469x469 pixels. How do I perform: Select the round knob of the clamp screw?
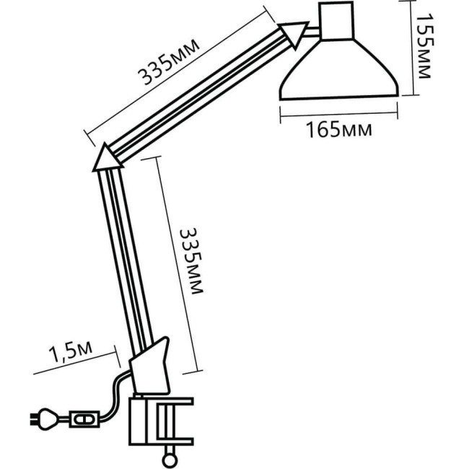click(170, 455)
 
